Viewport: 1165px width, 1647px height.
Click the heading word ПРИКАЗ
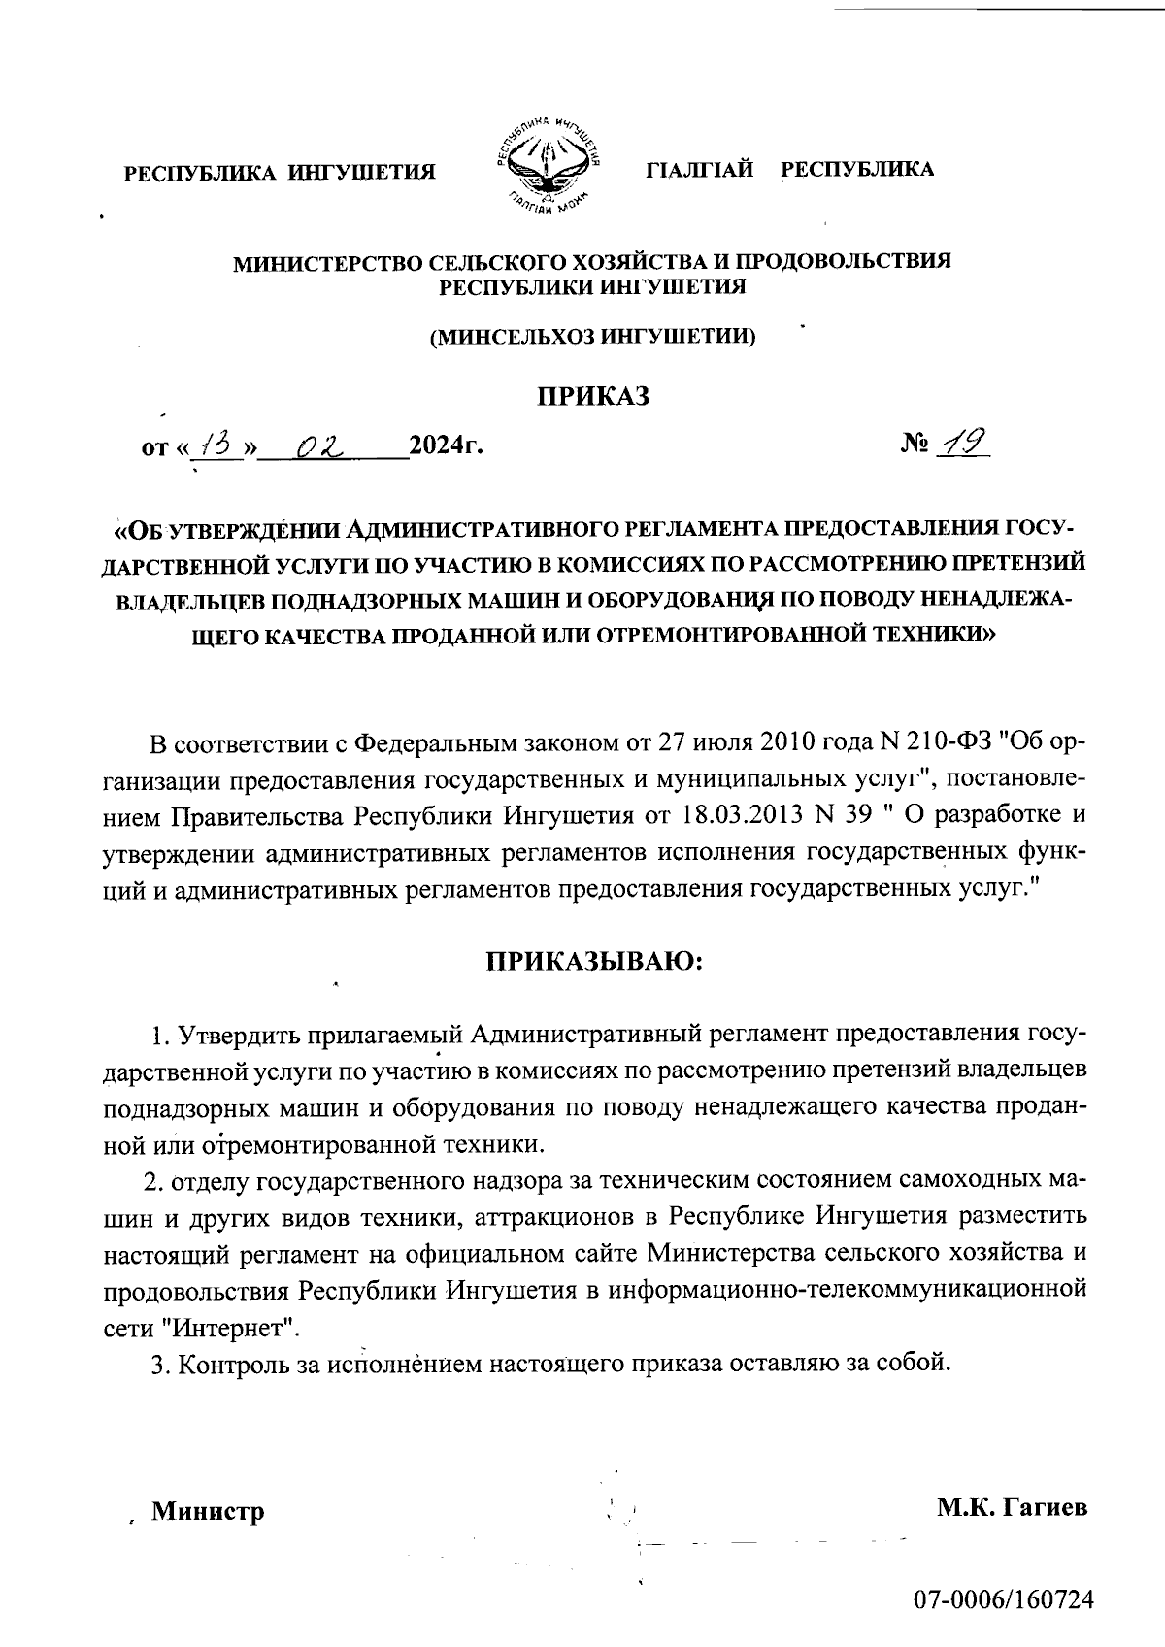(x=592, y=396)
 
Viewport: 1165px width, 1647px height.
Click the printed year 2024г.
(x=446, y=447)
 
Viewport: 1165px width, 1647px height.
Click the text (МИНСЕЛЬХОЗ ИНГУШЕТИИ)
(x=593, y=337)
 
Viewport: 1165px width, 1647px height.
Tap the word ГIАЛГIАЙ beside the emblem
(x=700, y=170)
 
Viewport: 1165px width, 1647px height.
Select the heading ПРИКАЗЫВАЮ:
(x=592, y=962)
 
